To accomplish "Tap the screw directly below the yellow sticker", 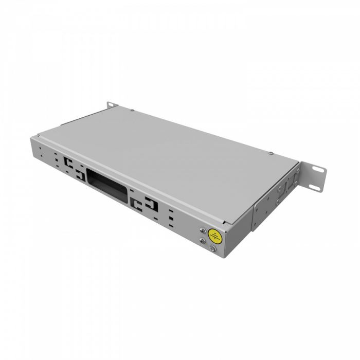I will click(212, 249).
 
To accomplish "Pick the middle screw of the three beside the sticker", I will click(202, 240).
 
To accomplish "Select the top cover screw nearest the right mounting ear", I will click(271, 152).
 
